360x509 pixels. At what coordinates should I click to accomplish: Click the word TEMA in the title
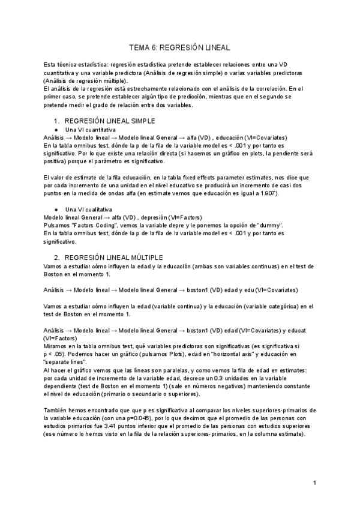[x=140, y=46]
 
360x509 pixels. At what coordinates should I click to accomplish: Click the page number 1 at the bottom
[x=314, y=483]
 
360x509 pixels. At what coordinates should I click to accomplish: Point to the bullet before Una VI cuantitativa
[x=56, y=130]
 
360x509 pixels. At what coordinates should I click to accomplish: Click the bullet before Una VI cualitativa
[x=56, y=209]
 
